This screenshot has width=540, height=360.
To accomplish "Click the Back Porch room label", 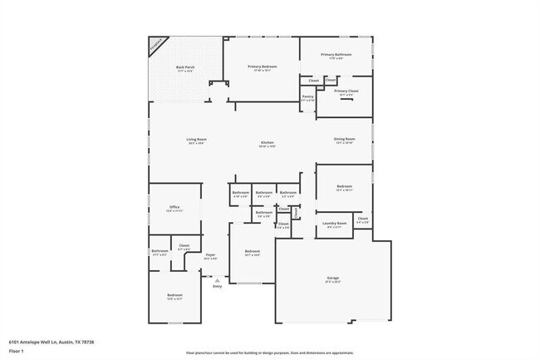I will tap(184, 69).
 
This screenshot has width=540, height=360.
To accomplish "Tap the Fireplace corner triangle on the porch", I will tap(156, 45).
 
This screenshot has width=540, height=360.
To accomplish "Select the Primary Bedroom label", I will tap(261, 68).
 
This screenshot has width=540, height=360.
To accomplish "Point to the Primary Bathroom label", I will tap(336, 56).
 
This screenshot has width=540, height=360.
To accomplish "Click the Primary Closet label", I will tap(346, 91).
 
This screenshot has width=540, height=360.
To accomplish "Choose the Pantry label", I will tap(307, 97).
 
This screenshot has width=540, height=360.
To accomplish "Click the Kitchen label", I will tap(268, 144).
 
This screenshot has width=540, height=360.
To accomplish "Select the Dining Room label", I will tap(344, 141).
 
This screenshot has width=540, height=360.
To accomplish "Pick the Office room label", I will tap(174, 209).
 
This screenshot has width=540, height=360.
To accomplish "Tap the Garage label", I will tap(333, 280).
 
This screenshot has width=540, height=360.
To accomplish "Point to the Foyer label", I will tap(210, 256).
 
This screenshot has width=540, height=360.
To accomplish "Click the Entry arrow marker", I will tap(217, 281).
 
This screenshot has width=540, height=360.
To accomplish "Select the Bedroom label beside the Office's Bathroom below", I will tap(174, 296).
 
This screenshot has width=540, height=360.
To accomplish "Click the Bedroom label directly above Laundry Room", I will tap(344, 188).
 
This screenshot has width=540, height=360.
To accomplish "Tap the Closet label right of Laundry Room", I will tap(362, 220).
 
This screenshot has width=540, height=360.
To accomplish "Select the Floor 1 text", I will tap(16, 351).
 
